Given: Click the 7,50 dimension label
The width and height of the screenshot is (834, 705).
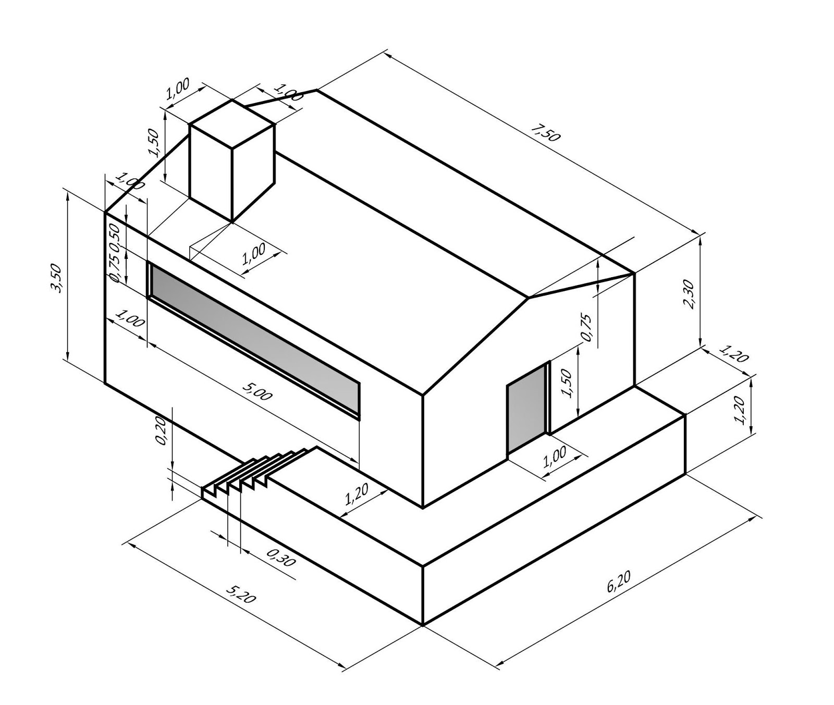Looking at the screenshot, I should coord(546,133).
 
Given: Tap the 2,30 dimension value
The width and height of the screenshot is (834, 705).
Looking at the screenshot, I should coord(688,294).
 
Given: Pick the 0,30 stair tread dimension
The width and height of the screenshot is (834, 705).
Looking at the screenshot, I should coord(281,558).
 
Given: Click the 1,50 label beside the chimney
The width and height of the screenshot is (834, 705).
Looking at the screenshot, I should coord(154,143).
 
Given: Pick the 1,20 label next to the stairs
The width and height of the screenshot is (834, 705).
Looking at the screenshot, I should coord(357,494).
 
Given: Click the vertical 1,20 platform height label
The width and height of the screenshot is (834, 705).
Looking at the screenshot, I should coord(739,410).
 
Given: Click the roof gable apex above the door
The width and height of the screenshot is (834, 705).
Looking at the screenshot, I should coord(529,298).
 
